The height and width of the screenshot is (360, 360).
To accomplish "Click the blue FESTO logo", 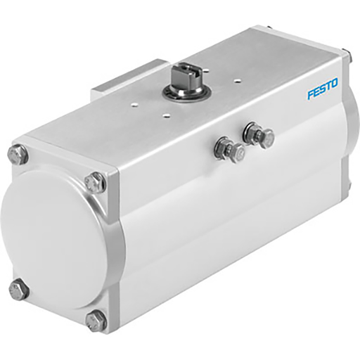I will (322, 88).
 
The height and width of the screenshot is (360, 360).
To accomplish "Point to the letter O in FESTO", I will (333, 84).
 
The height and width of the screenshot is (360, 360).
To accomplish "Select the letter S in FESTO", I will (321, 88).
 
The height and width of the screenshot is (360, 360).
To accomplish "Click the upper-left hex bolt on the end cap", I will (18, 155).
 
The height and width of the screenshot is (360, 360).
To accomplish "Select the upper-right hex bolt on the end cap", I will (95, 183).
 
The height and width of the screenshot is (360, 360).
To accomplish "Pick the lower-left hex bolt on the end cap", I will (19, 290).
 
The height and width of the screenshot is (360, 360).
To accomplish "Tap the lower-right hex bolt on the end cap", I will (96, 321).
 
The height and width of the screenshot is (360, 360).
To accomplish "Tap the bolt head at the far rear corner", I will (345, 53).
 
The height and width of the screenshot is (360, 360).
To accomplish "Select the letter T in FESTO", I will (327, 86).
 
